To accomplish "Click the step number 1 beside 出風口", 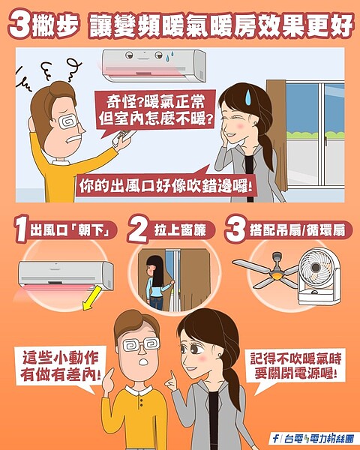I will tap(22, 231).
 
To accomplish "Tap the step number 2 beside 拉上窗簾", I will tap(139, 229).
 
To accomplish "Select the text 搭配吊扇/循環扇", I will tap(300, 231).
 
